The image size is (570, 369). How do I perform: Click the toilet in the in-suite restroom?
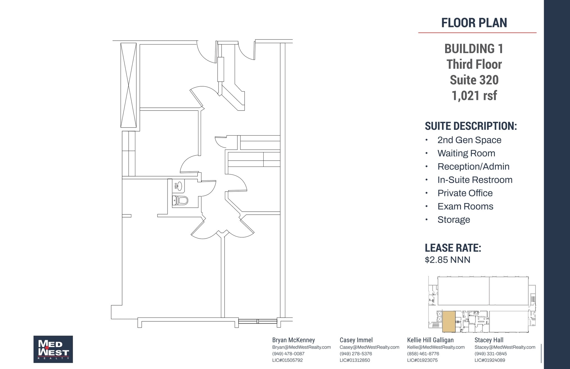pos(180,200)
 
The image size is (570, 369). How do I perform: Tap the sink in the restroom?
pos(178,186)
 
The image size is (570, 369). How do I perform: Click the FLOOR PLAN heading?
pos(474,23)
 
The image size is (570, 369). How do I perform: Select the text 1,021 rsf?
pos(474,96)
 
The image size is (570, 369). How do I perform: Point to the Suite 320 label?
pos(474,80)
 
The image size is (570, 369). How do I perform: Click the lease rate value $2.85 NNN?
pos(447,260)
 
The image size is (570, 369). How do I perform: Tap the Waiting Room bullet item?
pos(466,153)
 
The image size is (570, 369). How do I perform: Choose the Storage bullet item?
pos(454,220)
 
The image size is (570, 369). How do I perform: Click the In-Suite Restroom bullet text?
pos(475,180)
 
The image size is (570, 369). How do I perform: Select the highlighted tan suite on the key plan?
pos(449,322)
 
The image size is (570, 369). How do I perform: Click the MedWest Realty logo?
pos(53,349)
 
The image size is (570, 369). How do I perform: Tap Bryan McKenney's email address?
pos(301,347)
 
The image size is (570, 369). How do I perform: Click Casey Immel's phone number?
pos(356,354)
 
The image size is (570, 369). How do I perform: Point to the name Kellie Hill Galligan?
pos(430,340)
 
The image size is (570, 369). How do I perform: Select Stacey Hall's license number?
pos(490,360)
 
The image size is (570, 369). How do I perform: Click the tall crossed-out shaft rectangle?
pos(128,85)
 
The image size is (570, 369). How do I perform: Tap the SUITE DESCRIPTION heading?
pos(471,126)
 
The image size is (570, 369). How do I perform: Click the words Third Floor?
pos(474,65)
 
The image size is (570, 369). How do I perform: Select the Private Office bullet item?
pos(465,193)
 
